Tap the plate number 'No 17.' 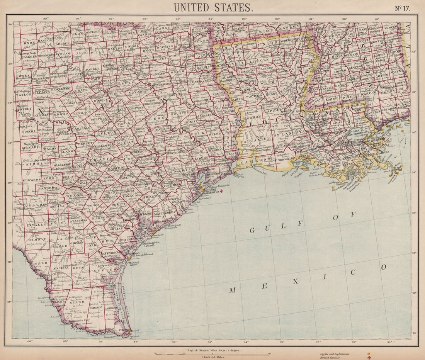tap(402, 7)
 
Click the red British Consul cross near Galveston tap(221, 191)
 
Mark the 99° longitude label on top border tap(46, 19)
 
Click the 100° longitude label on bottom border tap(28, 341)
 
